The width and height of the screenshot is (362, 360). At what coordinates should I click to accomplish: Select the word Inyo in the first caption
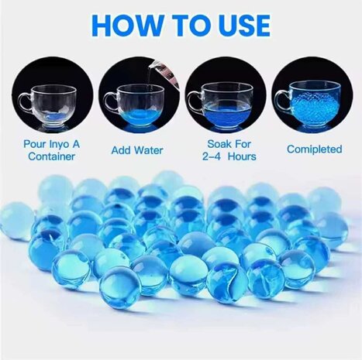(67, 145)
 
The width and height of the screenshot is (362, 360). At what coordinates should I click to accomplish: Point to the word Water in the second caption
(143, 148)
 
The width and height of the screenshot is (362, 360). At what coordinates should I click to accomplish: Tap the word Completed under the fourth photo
(314, 149)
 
